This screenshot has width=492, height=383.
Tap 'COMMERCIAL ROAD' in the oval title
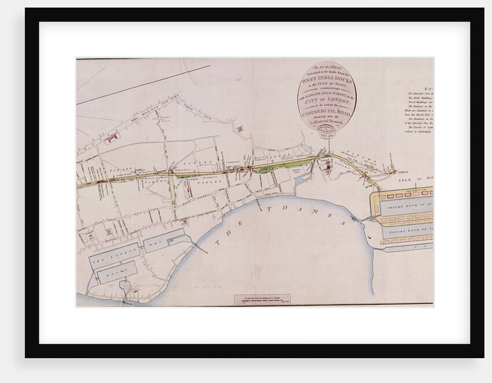tap(327, 112)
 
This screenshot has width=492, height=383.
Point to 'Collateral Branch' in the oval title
tap(327, 122)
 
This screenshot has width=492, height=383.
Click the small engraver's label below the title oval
tap(328, 130)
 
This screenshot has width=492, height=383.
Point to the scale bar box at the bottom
tap(262, 300)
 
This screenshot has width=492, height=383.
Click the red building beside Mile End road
tap(112, 138)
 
